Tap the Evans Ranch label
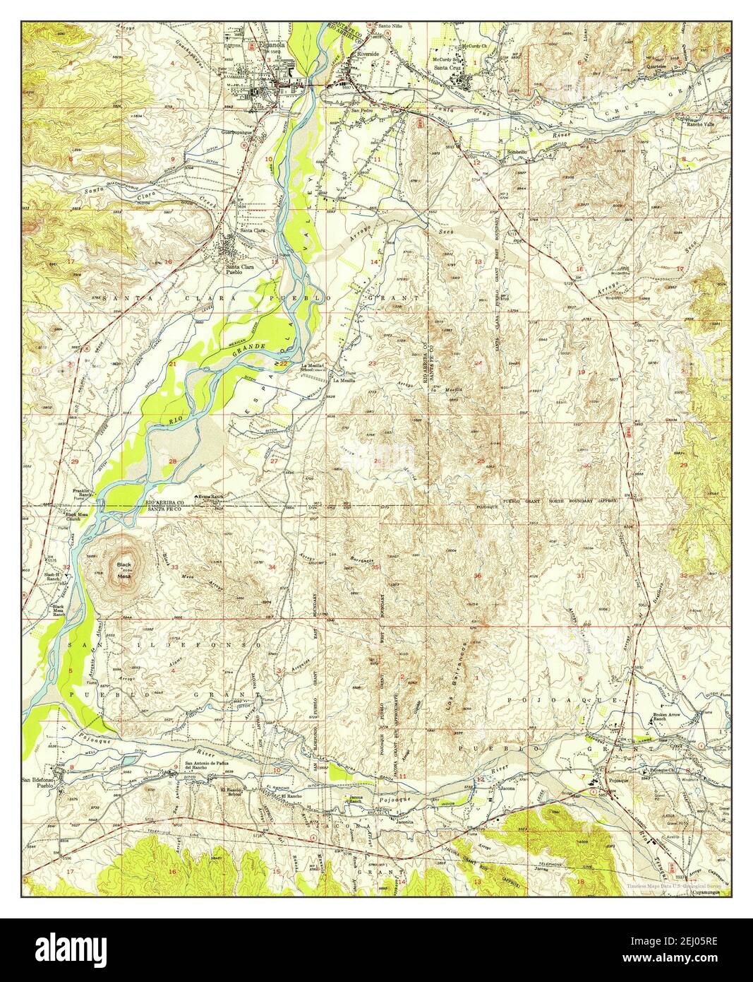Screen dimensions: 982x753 point(210,496)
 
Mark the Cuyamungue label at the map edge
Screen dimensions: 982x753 point(708,892)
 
